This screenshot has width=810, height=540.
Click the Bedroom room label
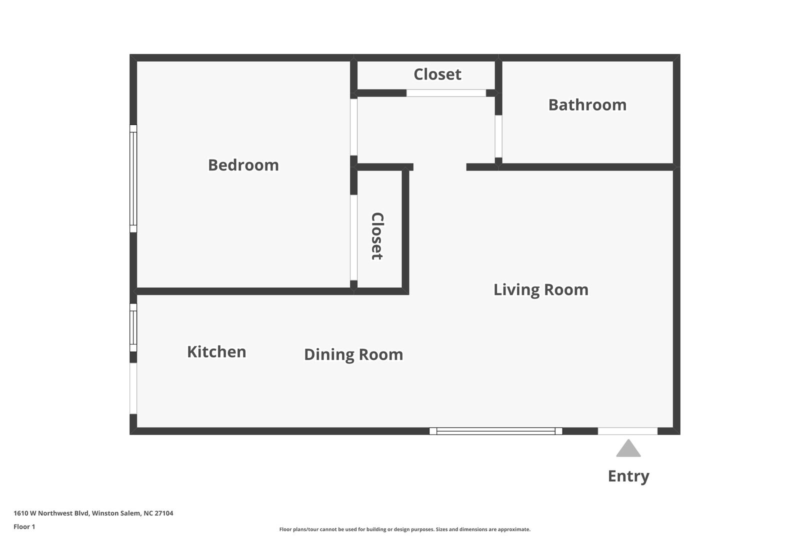243,165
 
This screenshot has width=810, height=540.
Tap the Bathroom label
587,105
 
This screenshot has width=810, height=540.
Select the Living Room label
541,289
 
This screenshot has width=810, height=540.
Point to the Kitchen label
216,352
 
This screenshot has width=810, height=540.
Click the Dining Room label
353,354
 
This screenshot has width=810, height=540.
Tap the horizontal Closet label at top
437,74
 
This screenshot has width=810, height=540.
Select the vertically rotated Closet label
377,236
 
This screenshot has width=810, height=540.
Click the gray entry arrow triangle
628,448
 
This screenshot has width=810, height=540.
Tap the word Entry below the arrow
628,476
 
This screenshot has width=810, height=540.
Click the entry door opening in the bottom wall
627,431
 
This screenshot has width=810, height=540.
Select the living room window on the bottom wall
495,431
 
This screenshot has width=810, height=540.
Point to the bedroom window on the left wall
133,178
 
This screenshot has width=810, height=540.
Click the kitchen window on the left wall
133,327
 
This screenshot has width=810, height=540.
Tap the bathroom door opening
498,136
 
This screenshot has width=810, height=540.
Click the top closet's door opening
446,93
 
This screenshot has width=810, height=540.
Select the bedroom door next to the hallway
353,127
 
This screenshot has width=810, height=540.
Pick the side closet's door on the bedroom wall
353,237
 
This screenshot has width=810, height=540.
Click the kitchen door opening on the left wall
133,388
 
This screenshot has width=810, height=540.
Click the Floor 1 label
24,527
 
